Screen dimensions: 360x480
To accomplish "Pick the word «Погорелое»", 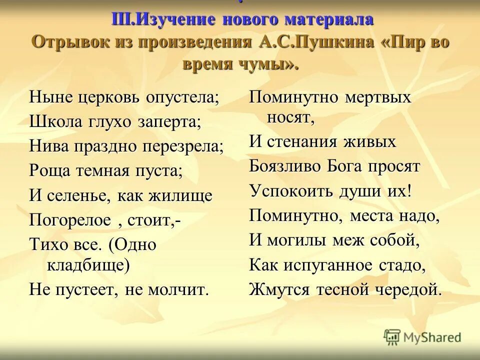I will [x=70, y=220].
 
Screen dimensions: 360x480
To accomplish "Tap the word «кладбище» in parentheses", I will [x=88, y=264].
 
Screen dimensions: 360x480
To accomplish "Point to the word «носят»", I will [x=290, y=117].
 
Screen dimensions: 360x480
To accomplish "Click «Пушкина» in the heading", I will [x=333, y=42].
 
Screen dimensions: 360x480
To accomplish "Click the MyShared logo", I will [x=423, y=337].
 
